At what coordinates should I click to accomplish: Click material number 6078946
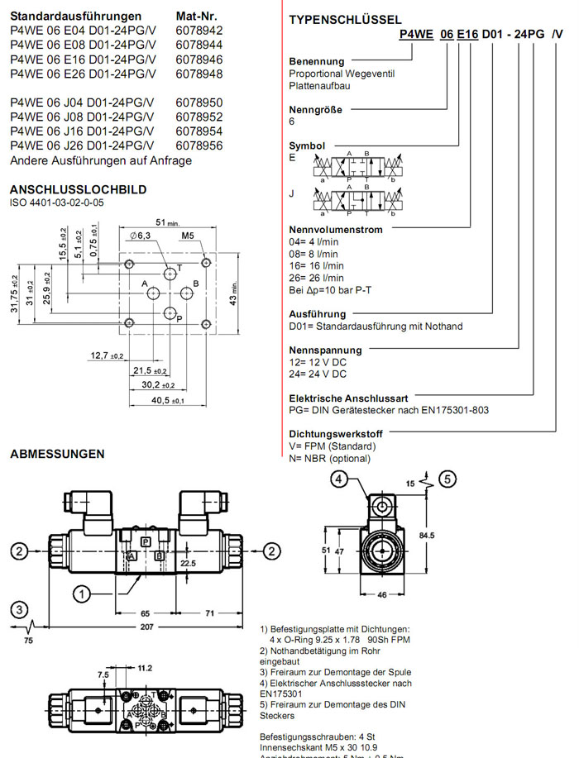point(199,60)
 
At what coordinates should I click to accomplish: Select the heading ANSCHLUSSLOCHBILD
point(79,189)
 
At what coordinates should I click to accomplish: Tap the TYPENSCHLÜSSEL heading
point(346,20)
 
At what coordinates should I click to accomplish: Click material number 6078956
point(199,145)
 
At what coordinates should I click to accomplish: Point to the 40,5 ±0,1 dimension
point(167,401)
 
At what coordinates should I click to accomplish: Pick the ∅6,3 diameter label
point(140,236)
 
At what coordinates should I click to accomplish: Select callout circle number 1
point(81,593)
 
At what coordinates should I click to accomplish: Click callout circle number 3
point(19,610)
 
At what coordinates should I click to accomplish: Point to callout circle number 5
point(447,479)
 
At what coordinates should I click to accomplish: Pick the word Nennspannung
point(325,350)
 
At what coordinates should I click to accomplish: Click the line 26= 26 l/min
point(316,278)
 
